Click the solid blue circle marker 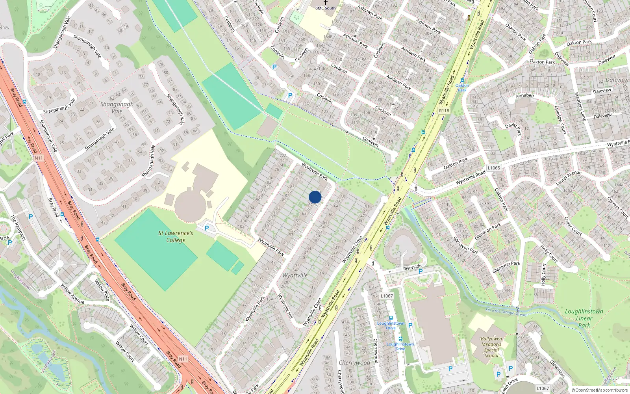click(x=315, y=197)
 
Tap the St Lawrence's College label click(x=176, y=236)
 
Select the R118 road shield click(x=444, y=111)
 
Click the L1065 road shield click(x=494, y=168)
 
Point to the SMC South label click(x=326, y=8)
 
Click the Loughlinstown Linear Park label click(x=584, y=318)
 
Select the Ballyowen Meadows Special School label click(x=491, y=347)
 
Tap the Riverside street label click(x=412, y=268)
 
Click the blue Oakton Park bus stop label click(x=462, y=87)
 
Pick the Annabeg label click(x=525, y=96)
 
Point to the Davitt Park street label click(x=513, y=128)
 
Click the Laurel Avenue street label click(x=568, y=178)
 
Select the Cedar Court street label click(x=573, y=226)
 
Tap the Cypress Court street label click(x=618, y=207)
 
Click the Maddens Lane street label click(x=580, y=106)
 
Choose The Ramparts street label click(x=18, y=227)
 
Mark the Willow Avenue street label click(x=72, y=294)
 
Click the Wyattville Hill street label click(x=285, y=306)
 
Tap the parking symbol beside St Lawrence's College click(x=207, y=228)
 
